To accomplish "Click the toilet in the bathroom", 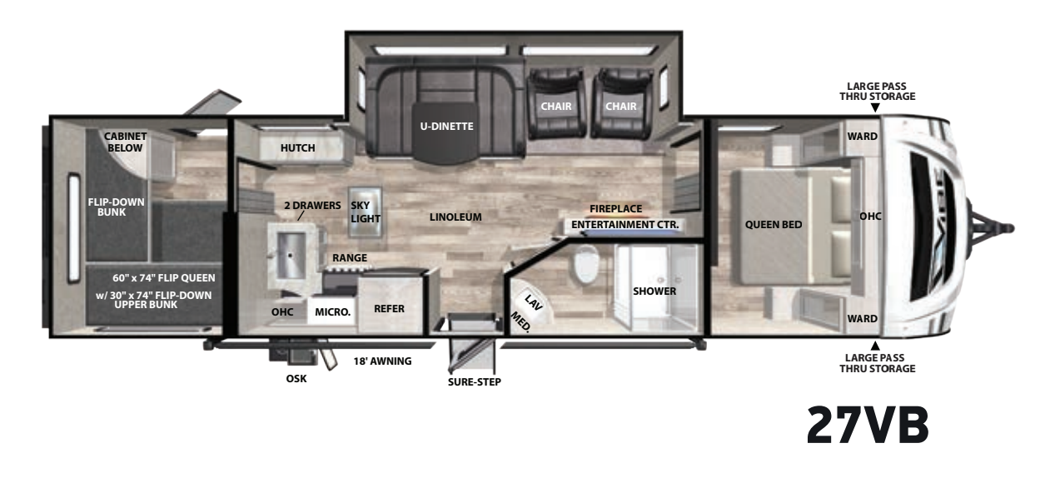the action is coord(586,264).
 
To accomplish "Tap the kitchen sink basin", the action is coord(291,256).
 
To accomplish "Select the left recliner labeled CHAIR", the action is coord(556,103).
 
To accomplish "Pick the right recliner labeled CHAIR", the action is coord(621,103).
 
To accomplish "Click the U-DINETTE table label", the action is coord(446,127).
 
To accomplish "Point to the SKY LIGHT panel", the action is coord(366,212).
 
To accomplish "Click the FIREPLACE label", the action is coord(615,209).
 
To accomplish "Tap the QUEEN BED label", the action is coord(774,225).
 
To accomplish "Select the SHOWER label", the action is coord(654,291).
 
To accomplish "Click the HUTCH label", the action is coord(297,148).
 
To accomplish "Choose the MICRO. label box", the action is coord(332,312).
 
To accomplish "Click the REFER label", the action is coord(389,309).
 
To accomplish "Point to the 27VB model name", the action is coord(868,425).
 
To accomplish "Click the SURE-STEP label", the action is coord(475,382).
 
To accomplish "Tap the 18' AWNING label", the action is coord(382,361).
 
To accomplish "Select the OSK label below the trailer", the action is coord(296,379).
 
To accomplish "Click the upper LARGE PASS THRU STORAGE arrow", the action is coord(875,107).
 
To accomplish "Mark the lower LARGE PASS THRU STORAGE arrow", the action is coord(875,346).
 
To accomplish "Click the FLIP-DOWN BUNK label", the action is coord(116,207).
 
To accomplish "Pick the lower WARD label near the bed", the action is coord(862,319).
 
